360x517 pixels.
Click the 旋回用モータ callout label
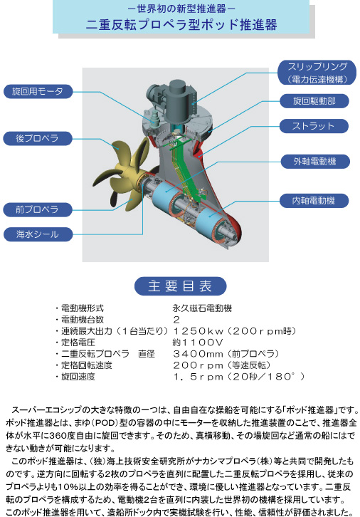click(38, 91)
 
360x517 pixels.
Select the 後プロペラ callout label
click(38, 138)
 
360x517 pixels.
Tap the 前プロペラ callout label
click(38, 209)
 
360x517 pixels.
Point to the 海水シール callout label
click(38, 234)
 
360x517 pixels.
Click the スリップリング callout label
click(317, 73)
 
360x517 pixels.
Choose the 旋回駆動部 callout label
click(314, 101)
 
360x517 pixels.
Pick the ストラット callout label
click(314, 126)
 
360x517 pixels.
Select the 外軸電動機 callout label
click(315, 162)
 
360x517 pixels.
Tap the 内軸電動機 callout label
click(314, 201)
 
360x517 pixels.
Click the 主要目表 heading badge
click(180, 286)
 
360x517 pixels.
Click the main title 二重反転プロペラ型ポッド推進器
click(181, 25)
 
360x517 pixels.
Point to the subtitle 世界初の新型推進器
click(181, 9)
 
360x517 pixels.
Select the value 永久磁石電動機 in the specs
click(202, 308)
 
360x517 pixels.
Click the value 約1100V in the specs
click(198, 343)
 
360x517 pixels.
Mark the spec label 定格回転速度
click(87, 365)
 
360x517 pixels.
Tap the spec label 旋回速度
click(78, 377)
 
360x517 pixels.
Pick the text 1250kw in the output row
click(198, 331)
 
